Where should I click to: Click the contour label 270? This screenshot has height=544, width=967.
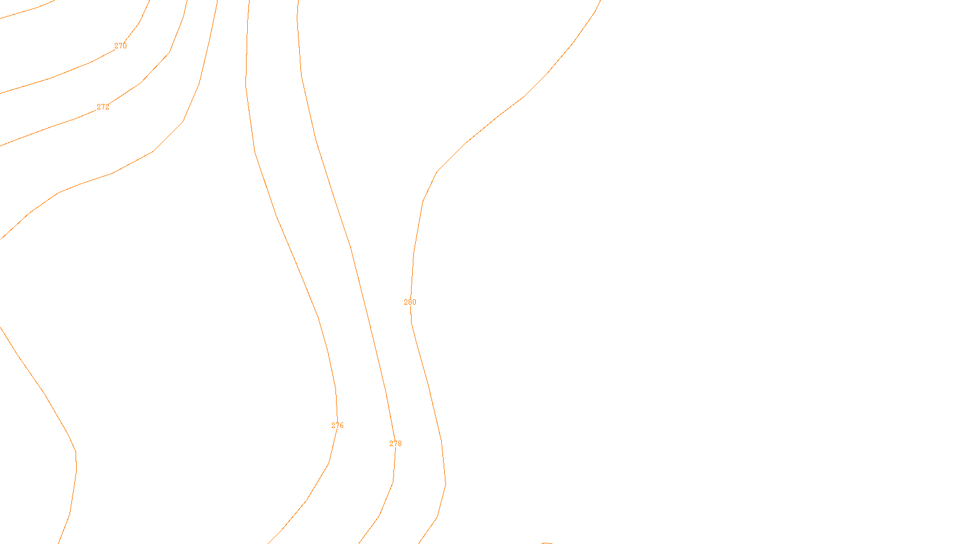coord(120,46)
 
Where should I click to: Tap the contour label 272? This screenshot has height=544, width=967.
coord(103,107)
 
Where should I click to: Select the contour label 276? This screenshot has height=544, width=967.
coord(337,426)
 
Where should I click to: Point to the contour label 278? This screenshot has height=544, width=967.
coord(395,444)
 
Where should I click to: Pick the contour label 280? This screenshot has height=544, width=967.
coord(410,302)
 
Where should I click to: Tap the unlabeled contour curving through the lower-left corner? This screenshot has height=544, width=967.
coord(45,395)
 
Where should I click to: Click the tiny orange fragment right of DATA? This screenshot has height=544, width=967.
coord(547,543)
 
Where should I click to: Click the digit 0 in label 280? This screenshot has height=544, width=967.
coord(414,302)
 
